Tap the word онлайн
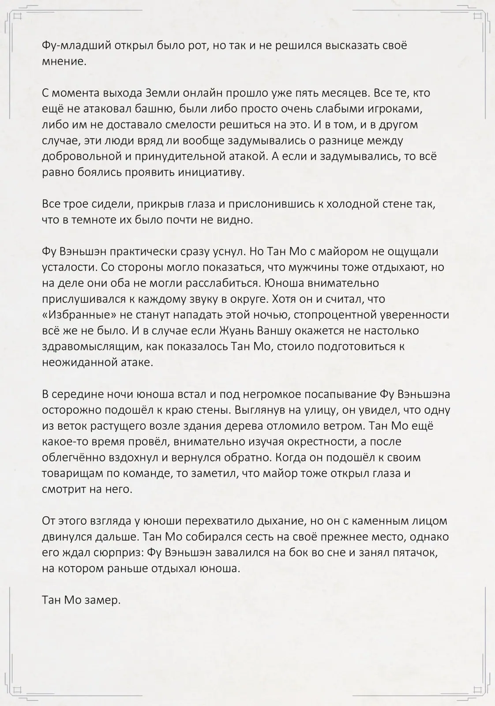tap(202, 93)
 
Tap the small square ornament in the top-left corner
tap(18, 17)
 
